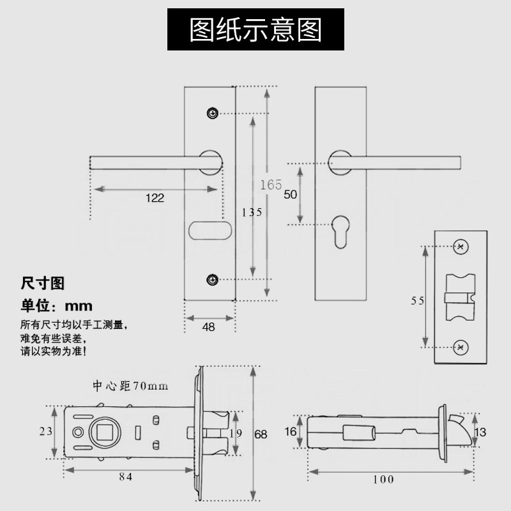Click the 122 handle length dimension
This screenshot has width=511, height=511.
pyautogui.click(x=155, y=198)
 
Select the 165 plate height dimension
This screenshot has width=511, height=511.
pyautogui.click(x=271, y=185)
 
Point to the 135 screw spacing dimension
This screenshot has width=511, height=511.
pyautogui.click(x=252, y=212)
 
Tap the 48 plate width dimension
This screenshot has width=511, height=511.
pyautogui.click(x=208, y=327)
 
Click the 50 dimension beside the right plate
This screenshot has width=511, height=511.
pyautogui.click(x=290, y=195)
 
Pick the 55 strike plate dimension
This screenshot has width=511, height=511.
pyautogui.click(x=418, y=301)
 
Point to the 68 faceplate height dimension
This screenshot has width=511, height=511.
pyautogui.click(x=261, y=434)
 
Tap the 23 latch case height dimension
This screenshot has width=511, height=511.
pyautogui.click(x=45, y=431)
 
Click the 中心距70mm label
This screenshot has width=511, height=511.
pyautogui.click(x=130, y=386)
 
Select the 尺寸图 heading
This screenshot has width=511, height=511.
pyautogui.click(x=43, y=282)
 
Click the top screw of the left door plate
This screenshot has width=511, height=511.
pyautogui.click(x=212, y=113)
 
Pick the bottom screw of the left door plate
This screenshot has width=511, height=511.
pyautogui.click(x=212, y=279)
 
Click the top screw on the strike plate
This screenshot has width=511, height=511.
pyautogui.click(x=460, y=247)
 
